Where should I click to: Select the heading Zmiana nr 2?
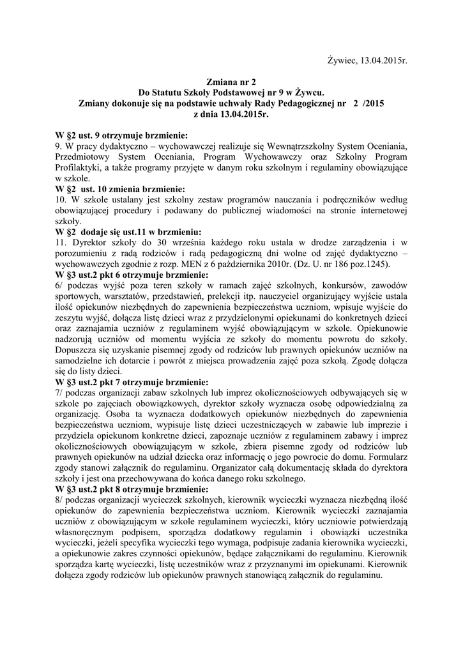point(231,82)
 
